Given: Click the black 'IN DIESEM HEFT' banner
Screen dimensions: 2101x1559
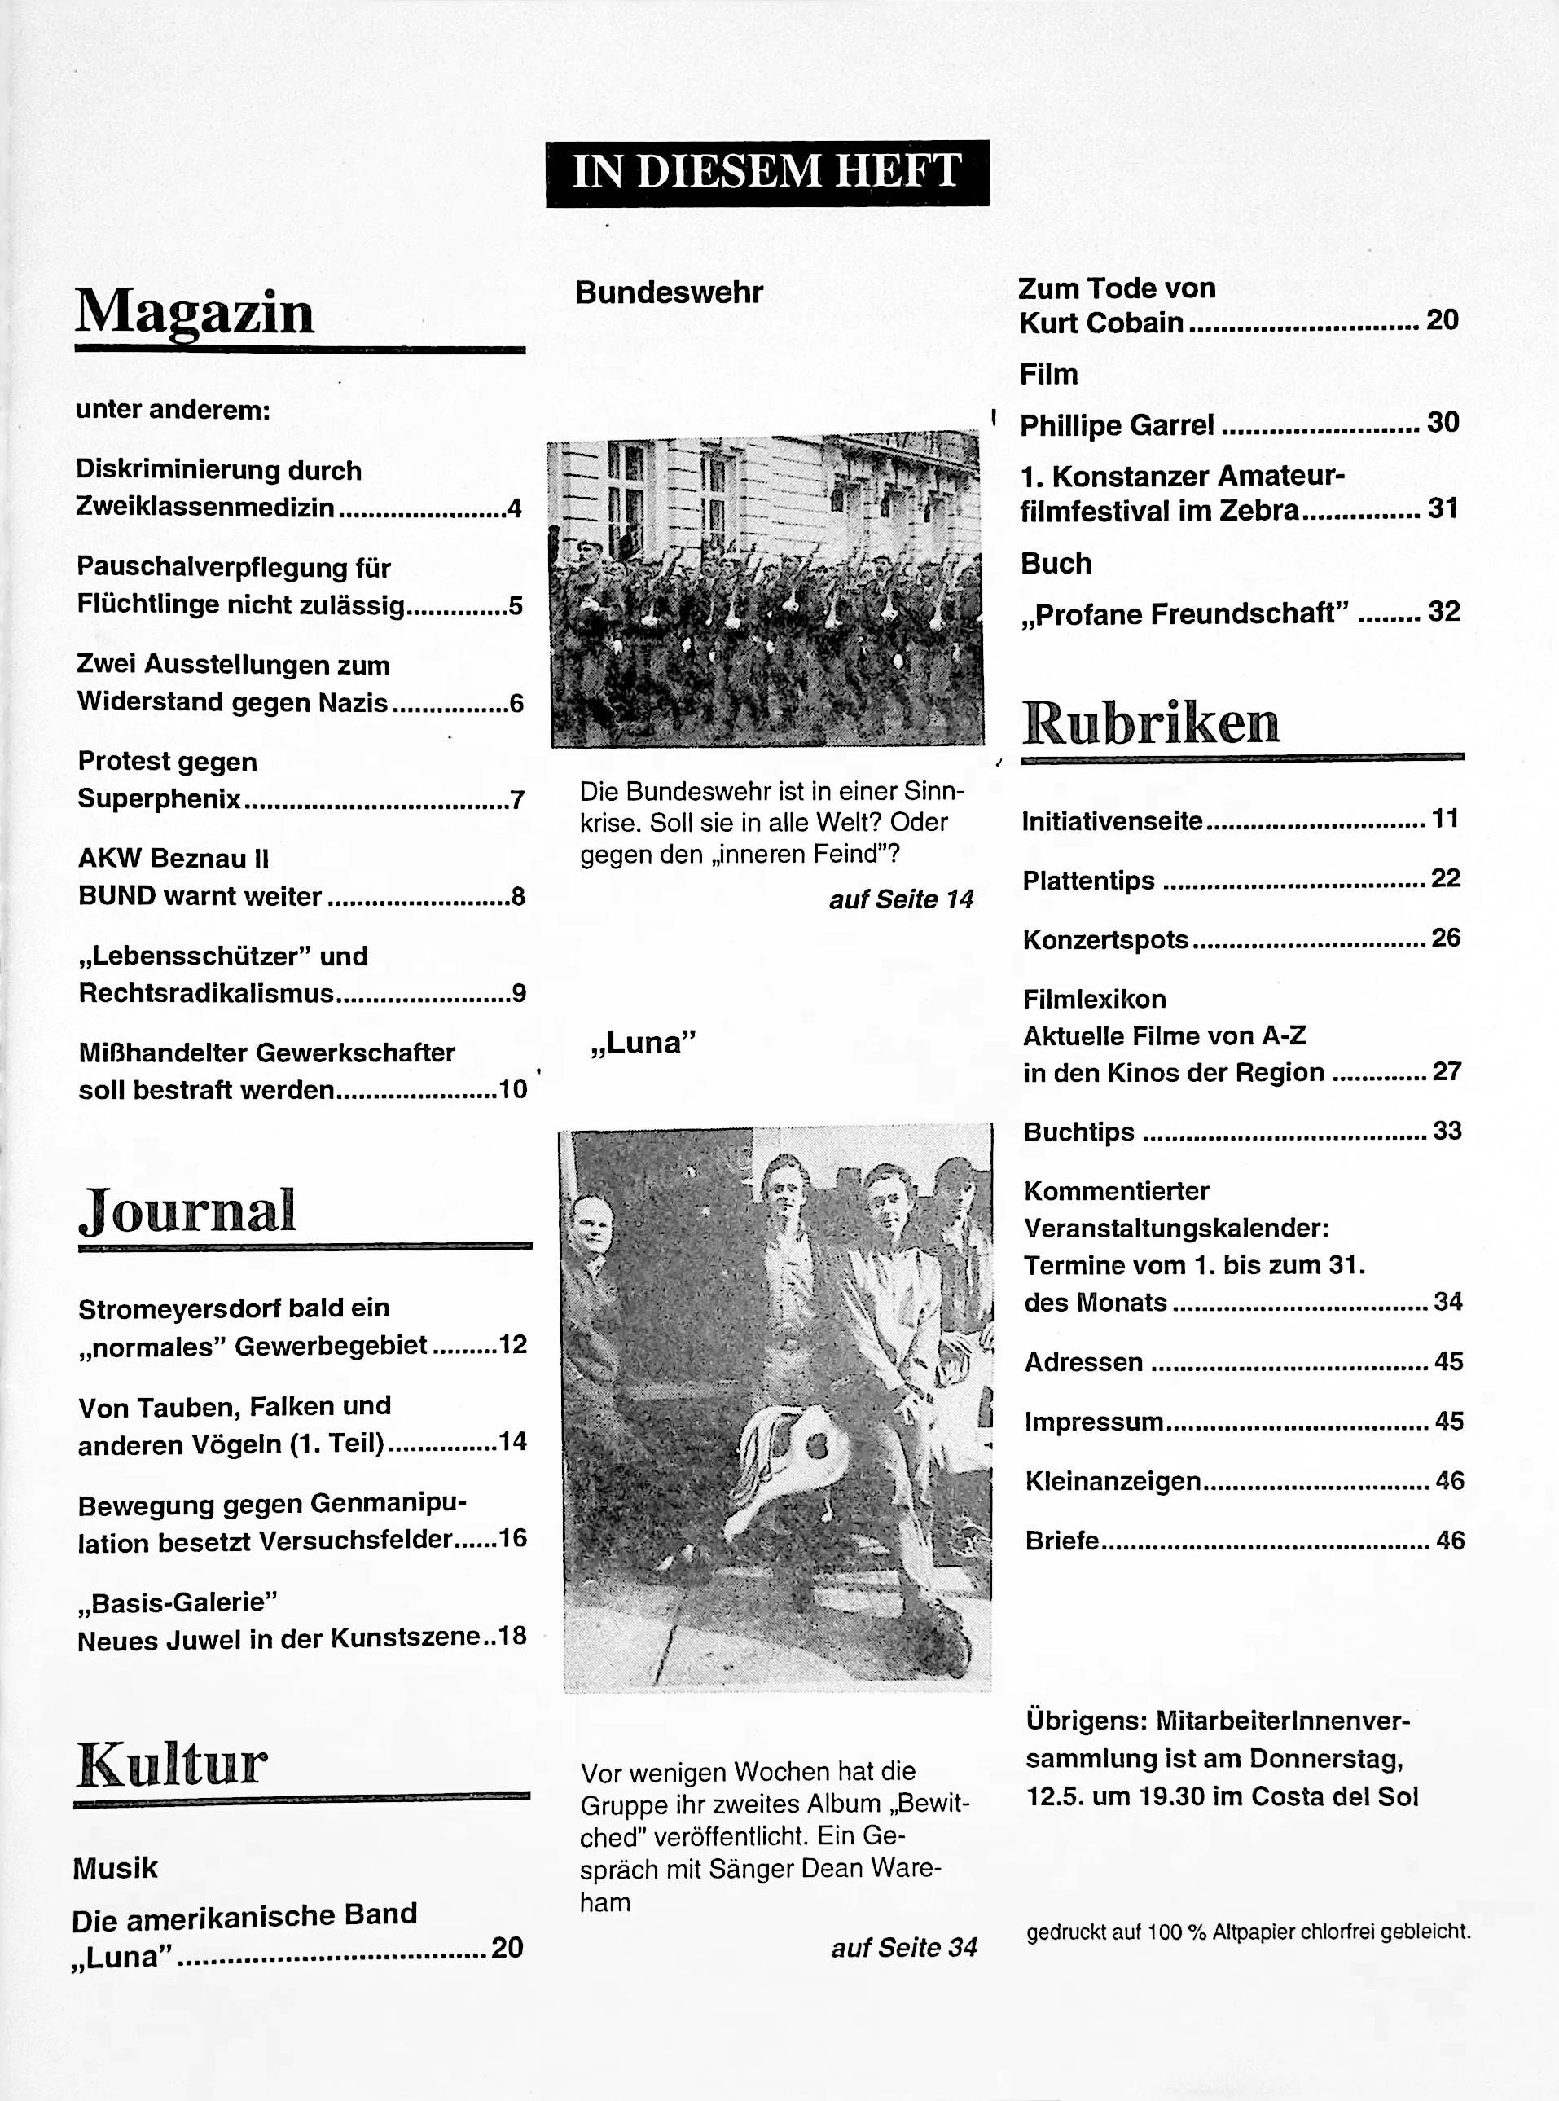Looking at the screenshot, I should point(767,173).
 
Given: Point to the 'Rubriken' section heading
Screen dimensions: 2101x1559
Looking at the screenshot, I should point(1150,724).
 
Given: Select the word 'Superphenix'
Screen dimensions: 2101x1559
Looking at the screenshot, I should point(160,799).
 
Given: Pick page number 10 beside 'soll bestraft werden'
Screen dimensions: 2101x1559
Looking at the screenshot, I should point(512,1089).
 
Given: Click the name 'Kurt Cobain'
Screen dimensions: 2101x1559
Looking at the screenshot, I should point(1100,323).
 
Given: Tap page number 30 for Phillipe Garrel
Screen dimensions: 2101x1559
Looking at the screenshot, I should point(1443,422).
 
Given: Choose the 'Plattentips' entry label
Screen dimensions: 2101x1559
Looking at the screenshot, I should point(1088,881).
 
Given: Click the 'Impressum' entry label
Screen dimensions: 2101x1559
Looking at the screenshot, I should point(1094,1422).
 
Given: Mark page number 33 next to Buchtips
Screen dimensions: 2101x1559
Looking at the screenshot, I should point(1447,1130).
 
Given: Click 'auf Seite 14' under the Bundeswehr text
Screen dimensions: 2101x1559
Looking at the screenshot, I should point(901,899).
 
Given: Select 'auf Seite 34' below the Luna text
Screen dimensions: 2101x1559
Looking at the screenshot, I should point(903,1947).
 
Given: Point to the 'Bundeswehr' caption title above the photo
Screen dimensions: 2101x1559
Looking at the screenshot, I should point(669,292).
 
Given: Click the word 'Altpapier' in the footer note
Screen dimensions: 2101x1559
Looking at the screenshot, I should point(1254,1932).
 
